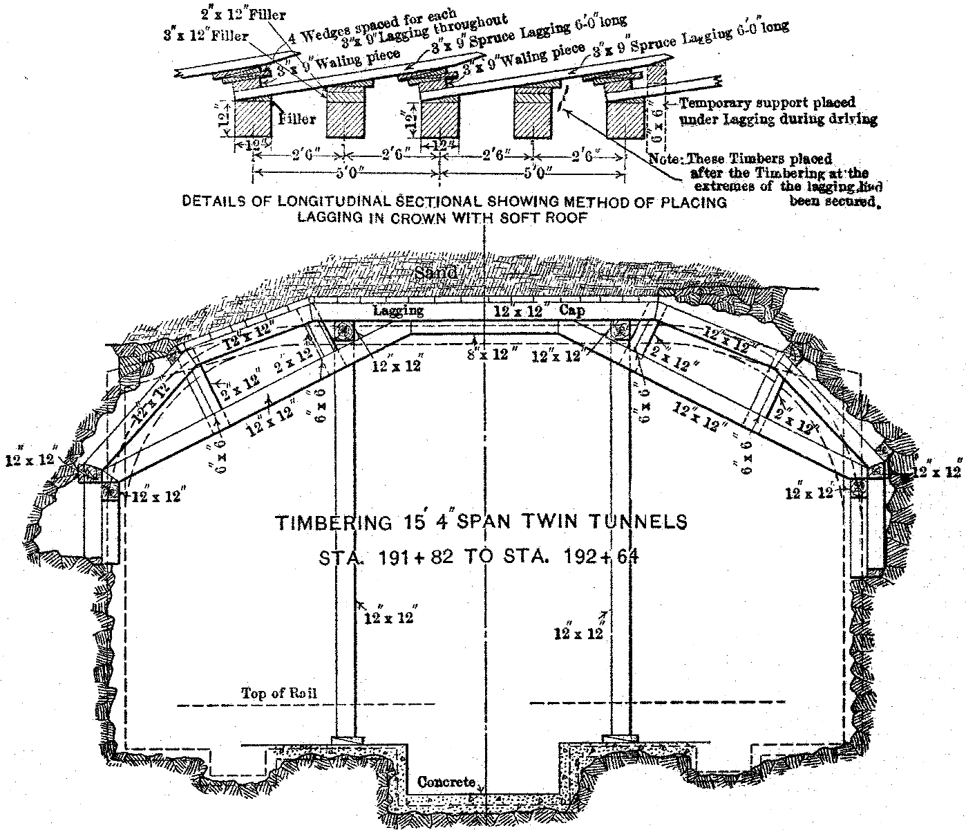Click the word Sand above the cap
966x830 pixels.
436,273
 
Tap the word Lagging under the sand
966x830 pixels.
398,311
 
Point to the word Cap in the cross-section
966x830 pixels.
572,311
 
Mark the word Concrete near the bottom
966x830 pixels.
447,782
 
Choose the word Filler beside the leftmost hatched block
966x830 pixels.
297,118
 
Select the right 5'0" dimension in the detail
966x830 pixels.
533,170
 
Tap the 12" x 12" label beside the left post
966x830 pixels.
388,617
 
